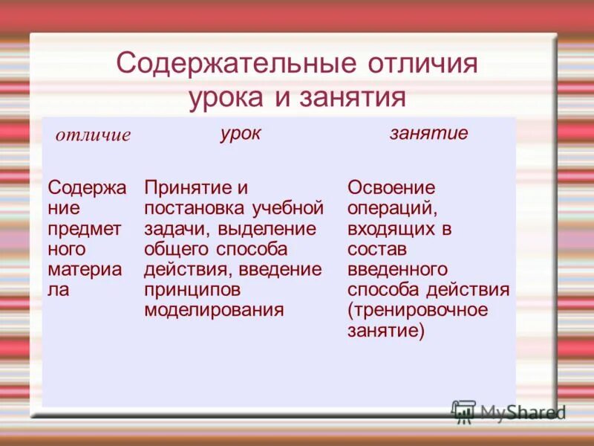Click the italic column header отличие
(x=93, y=135)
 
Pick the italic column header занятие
(x=428, y=133)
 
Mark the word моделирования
(x=214, y=309)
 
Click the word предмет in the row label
(x=83, y=227)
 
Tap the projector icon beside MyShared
(x=463, y=411)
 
